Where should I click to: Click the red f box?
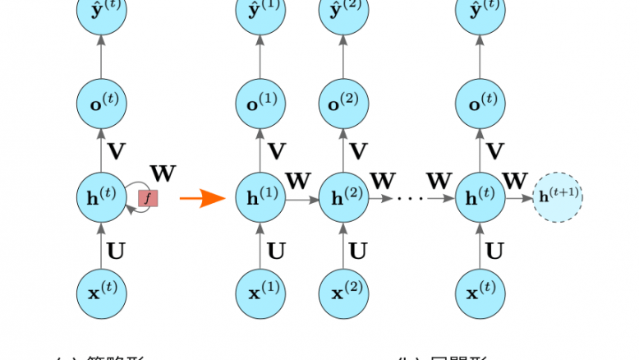(x=148, y=198)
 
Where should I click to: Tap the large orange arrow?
(x=202, y=198)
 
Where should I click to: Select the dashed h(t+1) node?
(x=558, y=198)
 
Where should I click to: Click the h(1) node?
(x=260, y=198)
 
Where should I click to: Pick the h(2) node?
(x=342, y=198)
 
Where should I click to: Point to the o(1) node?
(x=260, y=103)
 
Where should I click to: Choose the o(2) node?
(x=342, y=103)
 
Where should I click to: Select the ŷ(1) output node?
(x=260, y=12)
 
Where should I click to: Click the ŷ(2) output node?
(x=342, y=12)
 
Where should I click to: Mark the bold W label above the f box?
(x=162, y=173)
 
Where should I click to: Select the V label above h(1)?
(x=277, y=150)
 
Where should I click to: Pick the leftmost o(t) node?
(x=102, y=103)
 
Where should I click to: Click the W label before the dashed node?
(x=515, y=180)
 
